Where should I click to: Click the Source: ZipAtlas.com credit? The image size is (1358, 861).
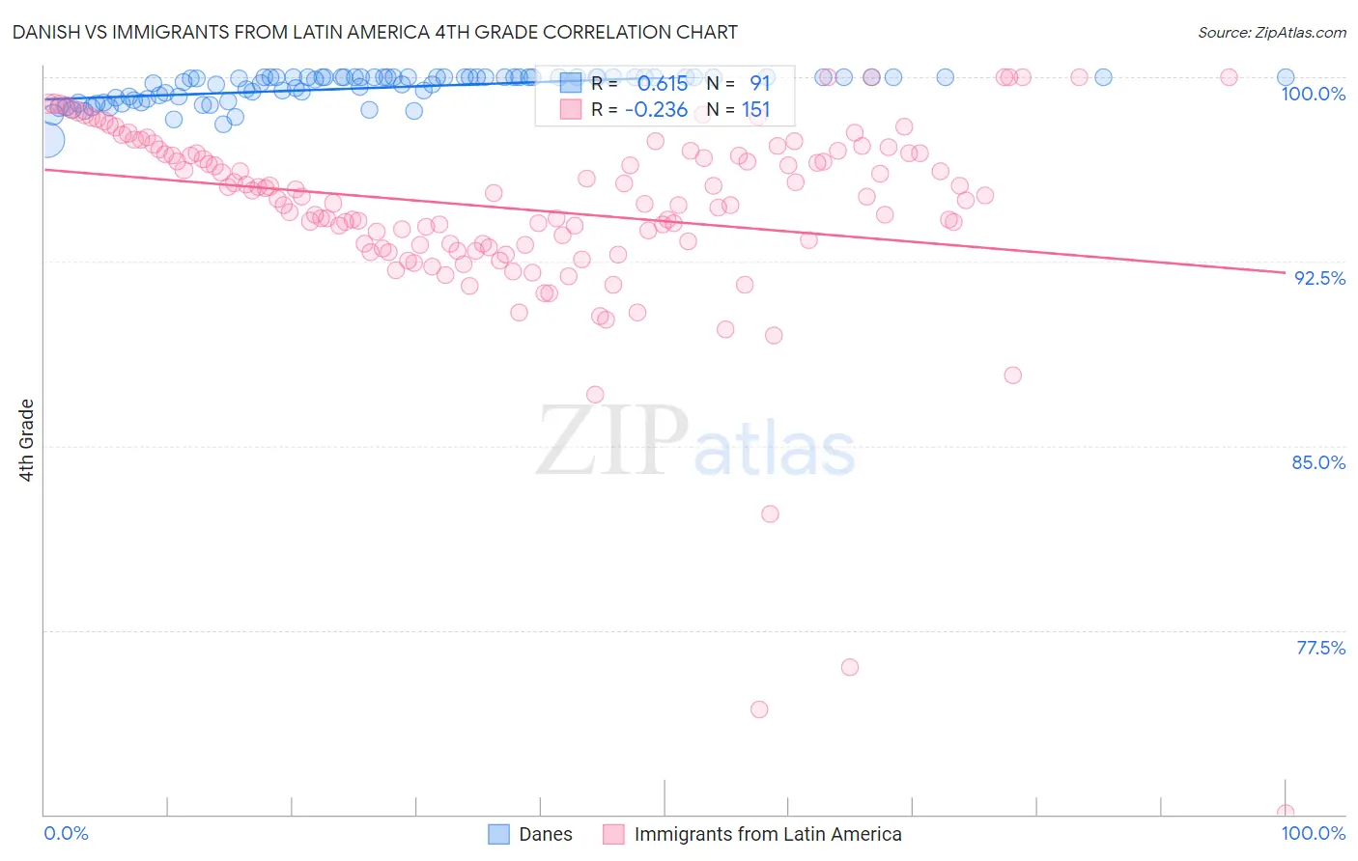[x=1271, y=33]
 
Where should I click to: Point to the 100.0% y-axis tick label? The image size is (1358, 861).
[x=1313, y=94]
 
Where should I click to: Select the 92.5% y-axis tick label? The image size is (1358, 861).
[x=1319, y=278]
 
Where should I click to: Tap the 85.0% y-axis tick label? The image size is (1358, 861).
[x=1318, y=462]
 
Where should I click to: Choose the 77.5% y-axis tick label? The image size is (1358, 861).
[x=1320, y=648]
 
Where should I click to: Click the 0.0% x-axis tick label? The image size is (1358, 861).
[x=67, y=833]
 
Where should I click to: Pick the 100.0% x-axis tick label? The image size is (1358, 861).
[x=1313, y=833]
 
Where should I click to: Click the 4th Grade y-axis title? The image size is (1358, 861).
[x=27, y=440]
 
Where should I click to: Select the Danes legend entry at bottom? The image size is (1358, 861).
[x=545, y=834]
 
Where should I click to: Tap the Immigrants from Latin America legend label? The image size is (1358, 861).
[x=768, y=834]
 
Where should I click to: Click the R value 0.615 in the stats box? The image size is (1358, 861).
[x=663, y=84]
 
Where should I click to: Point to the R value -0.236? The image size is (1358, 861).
[x=656, y=110]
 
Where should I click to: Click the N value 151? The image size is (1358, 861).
[x=755, y=110]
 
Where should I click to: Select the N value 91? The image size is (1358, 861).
[x=759, y=84]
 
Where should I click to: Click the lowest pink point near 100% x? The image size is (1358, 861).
[x=1285, y=813]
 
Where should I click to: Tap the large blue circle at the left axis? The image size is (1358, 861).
[x=46, y=140]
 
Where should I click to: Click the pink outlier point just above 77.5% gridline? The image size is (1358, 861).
[x=850, y=667]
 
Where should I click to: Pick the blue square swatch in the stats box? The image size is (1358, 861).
[x=571, y=84]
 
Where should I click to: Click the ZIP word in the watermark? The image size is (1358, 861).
[x=612, y=441]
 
